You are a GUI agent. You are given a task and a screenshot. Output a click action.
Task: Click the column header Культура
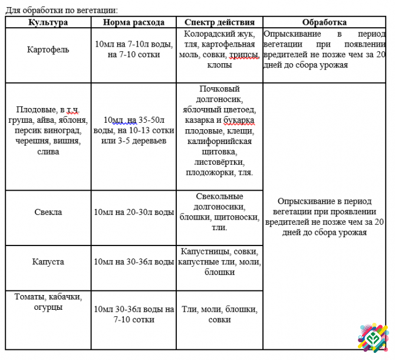click(48, 22)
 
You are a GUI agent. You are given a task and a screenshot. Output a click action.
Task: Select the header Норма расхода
click(133, 22)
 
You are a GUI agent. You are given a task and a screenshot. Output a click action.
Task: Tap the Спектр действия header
click(219, 22)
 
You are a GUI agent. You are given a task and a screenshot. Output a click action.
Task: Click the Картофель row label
click(48, 50)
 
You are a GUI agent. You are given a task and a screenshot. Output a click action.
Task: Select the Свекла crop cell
click(48, 212)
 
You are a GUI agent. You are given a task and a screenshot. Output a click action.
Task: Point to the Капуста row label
click(48, 261)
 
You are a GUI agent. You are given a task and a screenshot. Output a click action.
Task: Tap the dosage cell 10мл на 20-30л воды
click(134, 212)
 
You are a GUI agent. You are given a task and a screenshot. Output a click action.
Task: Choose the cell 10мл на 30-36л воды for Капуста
click(134, 261)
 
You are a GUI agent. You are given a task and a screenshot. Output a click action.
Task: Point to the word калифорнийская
click(219, 142)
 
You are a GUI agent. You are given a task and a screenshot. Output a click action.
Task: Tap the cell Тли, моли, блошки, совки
click(219, 315)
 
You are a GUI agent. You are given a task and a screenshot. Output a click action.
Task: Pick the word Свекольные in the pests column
click(219, 196)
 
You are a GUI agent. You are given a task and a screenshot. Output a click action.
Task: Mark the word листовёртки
click(219, 162)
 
